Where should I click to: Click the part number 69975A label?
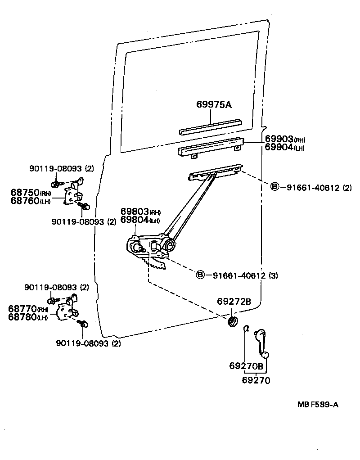tap(214, 105)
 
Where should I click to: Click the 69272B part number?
tap(234, 301)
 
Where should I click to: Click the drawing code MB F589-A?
tap(318, 405)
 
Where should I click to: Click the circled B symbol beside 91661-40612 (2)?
tap(274, 187)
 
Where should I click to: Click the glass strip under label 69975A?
tap(211, 126)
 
